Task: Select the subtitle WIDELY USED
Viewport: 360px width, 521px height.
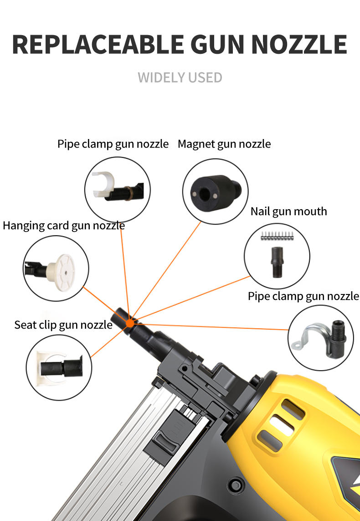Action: point(180,77)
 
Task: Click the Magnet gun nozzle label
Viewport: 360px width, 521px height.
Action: point(224,144)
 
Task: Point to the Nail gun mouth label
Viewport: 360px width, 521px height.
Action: point(288,211)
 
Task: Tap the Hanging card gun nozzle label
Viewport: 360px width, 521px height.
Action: point(64,225)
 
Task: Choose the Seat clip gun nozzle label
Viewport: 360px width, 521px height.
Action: point(63,325)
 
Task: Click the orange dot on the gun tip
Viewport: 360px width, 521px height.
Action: point(130,323)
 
